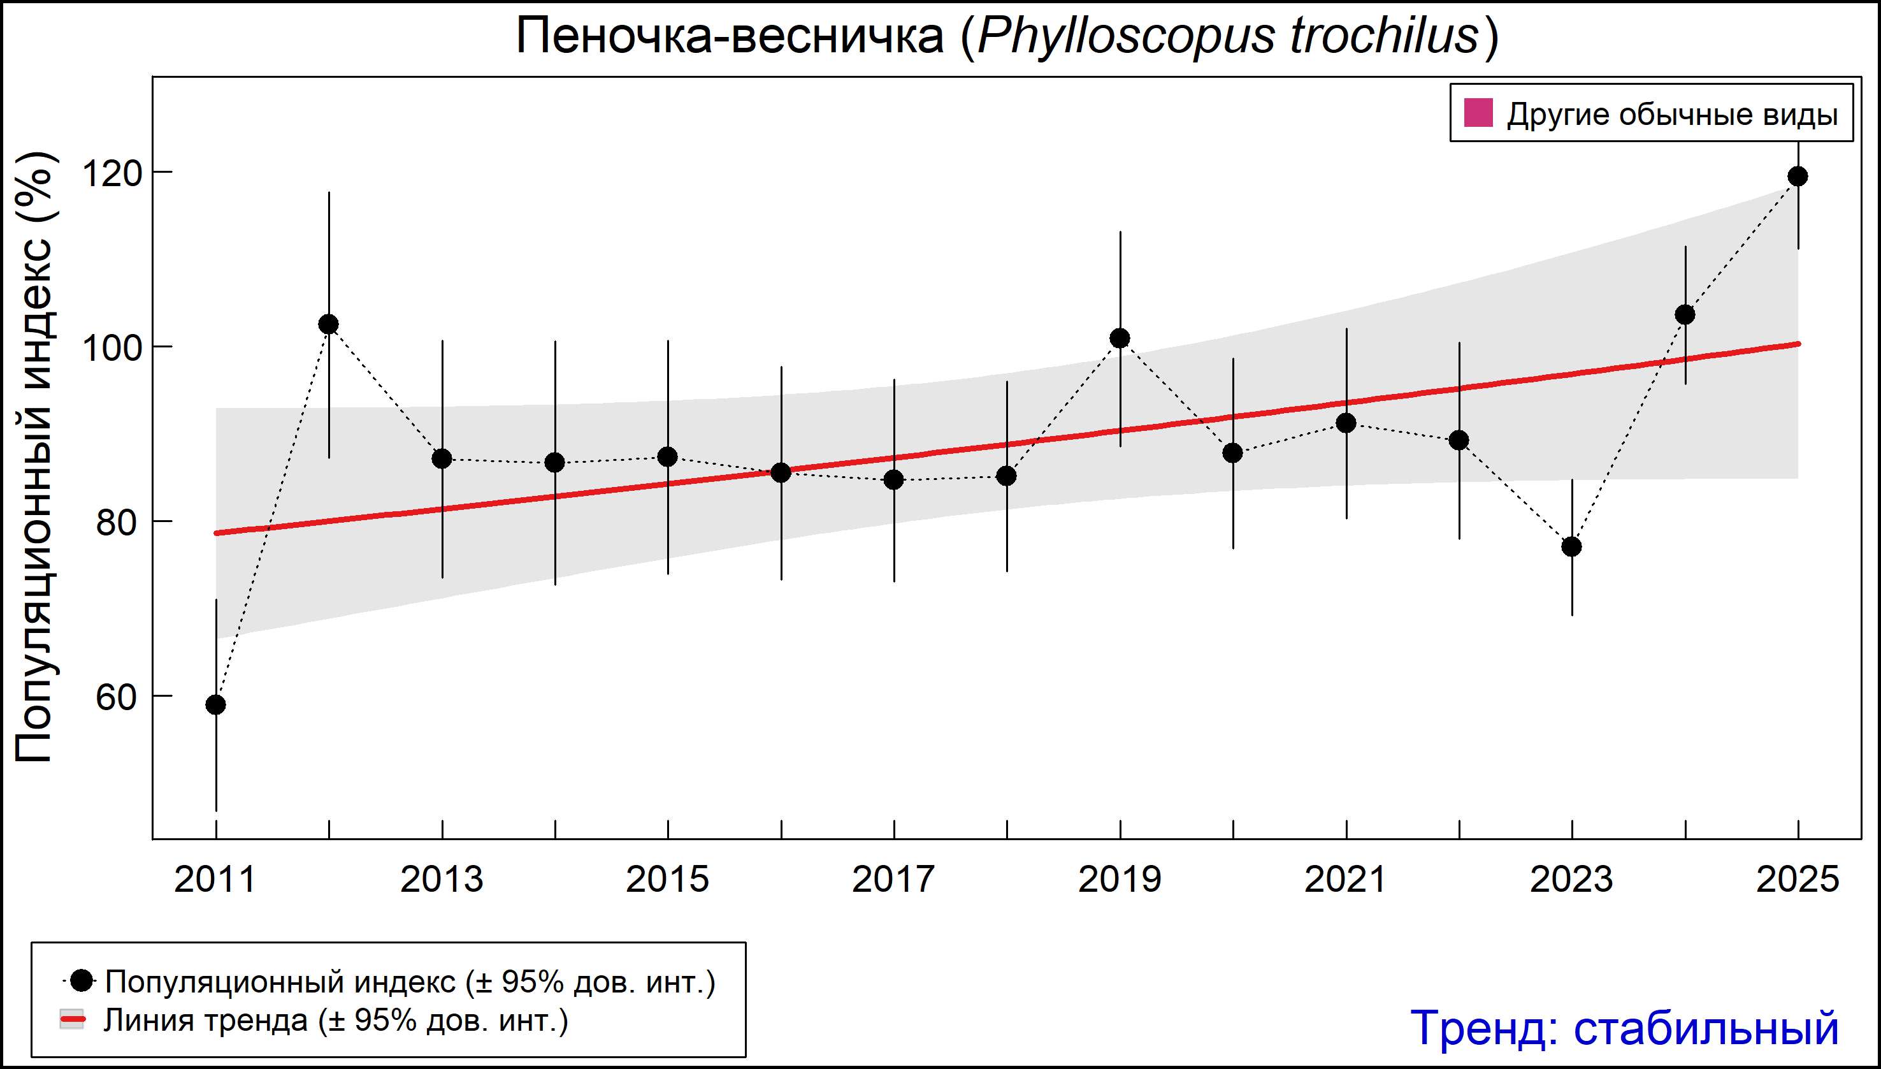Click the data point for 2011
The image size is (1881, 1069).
point(216,705)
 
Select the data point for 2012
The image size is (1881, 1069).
point(329,324)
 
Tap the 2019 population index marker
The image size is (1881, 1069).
point(1120,338)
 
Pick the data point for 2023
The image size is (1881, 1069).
point(1572,547)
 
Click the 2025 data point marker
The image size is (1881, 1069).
point(1798,176)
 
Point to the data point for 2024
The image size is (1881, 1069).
point(1685,315)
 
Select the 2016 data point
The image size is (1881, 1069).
point(781,473)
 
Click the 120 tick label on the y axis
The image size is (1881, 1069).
point(111,174)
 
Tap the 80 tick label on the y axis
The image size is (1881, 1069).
point(117,523)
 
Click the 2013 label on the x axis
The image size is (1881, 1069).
point(442,880)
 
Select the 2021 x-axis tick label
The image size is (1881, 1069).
point(1346,880)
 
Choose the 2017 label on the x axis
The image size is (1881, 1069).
point(894,880)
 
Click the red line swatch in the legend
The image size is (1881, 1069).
point(73,1019)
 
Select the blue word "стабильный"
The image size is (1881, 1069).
point(1706,1028)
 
